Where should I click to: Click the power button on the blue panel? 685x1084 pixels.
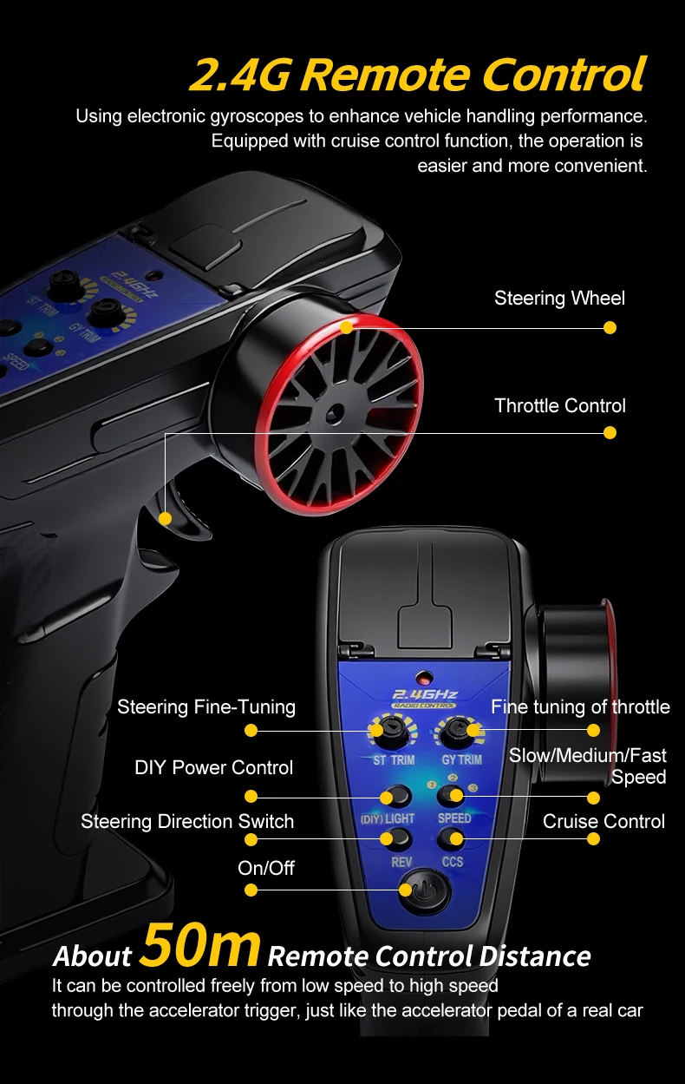point(425,891)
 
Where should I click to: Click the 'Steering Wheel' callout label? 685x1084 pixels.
point(559,298)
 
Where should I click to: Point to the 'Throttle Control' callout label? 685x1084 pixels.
point(560,405)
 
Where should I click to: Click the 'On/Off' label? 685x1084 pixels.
point(266,868)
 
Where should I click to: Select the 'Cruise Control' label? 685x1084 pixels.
point(603,821)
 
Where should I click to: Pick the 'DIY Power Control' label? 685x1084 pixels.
point(213,767)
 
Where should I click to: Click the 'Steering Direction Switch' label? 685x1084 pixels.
point(187,821)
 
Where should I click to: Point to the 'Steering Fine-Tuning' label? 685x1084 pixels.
point(206,707)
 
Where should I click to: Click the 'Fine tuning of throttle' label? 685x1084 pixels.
point(581,707)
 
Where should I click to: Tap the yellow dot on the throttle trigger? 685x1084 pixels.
point(165,518)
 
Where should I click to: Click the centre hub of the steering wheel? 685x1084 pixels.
point(334,413)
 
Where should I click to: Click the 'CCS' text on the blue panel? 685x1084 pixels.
point(453,862)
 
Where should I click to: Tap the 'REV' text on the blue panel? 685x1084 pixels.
point(401,862)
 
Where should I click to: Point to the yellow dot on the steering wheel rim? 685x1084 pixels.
point(347,327)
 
